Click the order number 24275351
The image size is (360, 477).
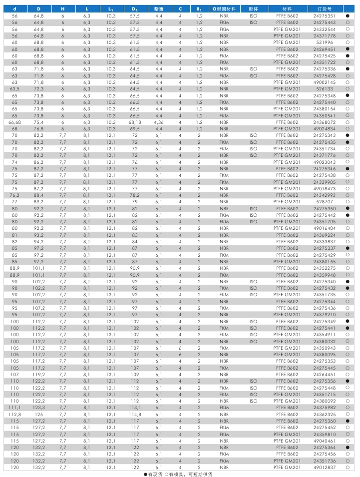[x=325, y=16]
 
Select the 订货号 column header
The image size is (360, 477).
[x=324, y=9]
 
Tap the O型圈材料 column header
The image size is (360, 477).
[x=224, y=9]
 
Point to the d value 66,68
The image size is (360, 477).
[x=14, y=122]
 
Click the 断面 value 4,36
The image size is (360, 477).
[x=159, y=122]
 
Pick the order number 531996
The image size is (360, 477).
[x=325, y=42]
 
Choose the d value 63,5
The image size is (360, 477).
[x=14, y=89]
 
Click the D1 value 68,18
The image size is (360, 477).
[x=135, y=122]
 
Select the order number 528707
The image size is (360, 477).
[x=325, y=202]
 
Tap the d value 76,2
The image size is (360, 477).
[x=14, y=195]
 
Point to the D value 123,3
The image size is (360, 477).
[x=39, y=408]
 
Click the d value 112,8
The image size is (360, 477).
[x=14, y=415]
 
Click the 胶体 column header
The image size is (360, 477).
[x=253, y=9]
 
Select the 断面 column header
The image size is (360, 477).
[x=159, y=9]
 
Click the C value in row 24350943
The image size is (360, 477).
[x=181, y=348]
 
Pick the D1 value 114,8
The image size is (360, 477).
[x=135, y=415]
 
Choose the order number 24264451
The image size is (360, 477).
[x=325, y=374]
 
